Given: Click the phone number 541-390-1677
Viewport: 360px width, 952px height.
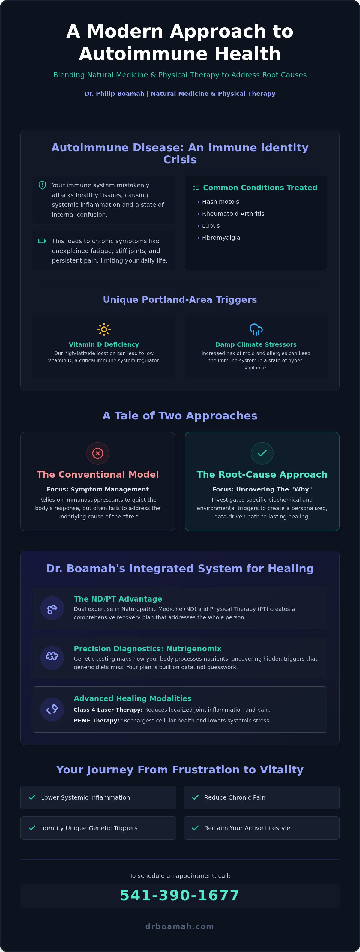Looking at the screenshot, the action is tap(180, 896).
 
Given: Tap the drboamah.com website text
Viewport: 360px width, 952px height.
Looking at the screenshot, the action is tap(180, 926).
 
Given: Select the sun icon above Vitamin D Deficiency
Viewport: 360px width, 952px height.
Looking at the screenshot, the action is tap(104, 329).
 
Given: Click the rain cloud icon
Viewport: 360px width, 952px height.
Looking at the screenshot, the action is tap(256, 329).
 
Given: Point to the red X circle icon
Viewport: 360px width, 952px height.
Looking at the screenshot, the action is tap(97, 453).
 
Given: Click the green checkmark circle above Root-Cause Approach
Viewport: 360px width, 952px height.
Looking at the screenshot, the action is tap(262, 453).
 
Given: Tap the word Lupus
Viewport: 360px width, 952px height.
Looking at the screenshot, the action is tap(211, 226).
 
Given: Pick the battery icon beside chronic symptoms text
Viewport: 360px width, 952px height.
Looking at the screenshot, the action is tap(42, 241).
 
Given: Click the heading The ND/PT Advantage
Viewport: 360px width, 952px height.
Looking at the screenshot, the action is tap(118, 599).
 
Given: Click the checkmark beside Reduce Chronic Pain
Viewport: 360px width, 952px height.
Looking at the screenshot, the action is tap(195, 797).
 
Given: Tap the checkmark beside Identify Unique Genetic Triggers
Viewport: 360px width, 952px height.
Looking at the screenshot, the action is tap(32, 828).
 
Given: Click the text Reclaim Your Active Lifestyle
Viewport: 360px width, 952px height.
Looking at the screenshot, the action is tap(247, 828).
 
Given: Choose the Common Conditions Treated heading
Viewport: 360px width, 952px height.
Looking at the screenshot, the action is tap(260, 188).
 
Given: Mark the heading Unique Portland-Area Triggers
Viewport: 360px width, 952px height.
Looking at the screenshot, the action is tap(180, 299).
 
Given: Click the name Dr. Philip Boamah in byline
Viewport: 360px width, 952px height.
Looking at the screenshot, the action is tap(114, 94).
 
